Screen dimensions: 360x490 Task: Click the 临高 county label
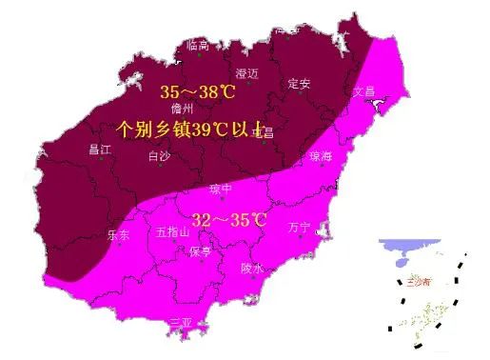198,44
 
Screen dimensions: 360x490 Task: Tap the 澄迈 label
247,73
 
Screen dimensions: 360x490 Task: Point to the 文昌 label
364,91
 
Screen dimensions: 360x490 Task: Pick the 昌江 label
100,149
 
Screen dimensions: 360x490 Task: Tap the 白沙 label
161,156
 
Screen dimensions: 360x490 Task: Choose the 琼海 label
322,156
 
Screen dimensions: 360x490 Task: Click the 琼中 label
221,189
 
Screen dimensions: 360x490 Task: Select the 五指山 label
173,231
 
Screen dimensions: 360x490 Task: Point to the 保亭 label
200,251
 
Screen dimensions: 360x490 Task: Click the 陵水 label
251,269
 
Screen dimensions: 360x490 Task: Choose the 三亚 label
181,322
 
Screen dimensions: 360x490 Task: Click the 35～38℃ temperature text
197,91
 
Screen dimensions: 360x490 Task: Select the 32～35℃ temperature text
228,220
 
